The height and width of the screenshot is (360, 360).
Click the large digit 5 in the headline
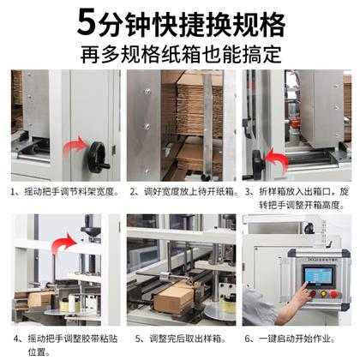click(87, 23)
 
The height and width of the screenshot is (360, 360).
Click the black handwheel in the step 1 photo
click(99, 158)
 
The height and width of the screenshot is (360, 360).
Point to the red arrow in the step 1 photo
click(75, 146)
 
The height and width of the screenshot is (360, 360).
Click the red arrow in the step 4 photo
click(64, 243)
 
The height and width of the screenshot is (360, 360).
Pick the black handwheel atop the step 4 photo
click(91, 230)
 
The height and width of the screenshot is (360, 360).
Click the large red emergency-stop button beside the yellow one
click(333, 293)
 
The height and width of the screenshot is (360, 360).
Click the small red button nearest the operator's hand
click(313, 293)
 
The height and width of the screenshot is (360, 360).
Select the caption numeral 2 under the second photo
click(133, 192)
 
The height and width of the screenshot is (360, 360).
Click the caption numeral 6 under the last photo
click(248, 339)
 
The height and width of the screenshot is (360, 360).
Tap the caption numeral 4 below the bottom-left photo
click(16, 339)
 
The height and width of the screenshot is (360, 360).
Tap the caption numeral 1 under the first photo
click(13, 192)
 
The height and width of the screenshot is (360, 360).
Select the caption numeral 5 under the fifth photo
click(138, 339)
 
